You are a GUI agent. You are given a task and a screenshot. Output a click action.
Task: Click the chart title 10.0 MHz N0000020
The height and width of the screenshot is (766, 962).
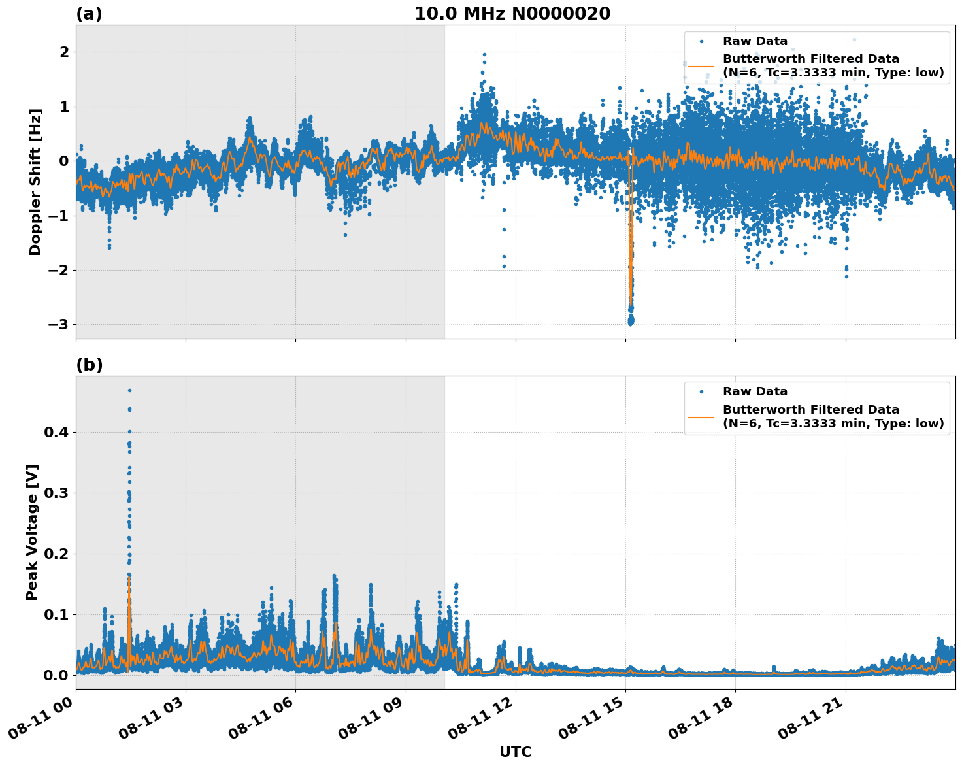[x=512, y=14]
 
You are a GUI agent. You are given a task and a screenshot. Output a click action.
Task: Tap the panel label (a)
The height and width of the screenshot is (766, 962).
[x=89, y=14]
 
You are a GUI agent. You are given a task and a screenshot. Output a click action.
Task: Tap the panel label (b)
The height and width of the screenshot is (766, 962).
[x=89, y=365]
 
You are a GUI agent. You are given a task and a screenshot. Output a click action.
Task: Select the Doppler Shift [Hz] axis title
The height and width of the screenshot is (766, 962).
[x=35, y=182]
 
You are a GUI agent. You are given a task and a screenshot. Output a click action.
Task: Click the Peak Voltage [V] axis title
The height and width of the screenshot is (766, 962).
[x=33, y=532]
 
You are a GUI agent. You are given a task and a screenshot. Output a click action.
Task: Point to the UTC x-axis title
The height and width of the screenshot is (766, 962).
[x=515, y=752]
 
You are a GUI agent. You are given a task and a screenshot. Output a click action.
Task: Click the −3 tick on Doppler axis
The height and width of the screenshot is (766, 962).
[x=61, y=325]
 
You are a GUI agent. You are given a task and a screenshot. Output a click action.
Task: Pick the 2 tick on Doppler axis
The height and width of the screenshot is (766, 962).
[x=65, y=52]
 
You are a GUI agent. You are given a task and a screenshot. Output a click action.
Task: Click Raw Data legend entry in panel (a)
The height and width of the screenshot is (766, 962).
[x=755, y=41]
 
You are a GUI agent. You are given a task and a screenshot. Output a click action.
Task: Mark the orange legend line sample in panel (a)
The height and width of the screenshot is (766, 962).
[x=701, y=66]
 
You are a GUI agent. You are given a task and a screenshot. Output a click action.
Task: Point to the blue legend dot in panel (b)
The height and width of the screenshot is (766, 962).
[x=701, y=391]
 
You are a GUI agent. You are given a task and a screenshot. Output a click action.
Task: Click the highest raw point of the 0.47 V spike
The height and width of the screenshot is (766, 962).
[x=129, y=390]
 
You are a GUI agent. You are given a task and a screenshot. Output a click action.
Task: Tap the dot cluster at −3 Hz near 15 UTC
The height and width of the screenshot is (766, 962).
[x=631, y=321]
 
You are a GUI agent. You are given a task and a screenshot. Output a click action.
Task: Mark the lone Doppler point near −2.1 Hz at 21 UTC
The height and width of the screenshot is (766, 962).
[x=846, y=276]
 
